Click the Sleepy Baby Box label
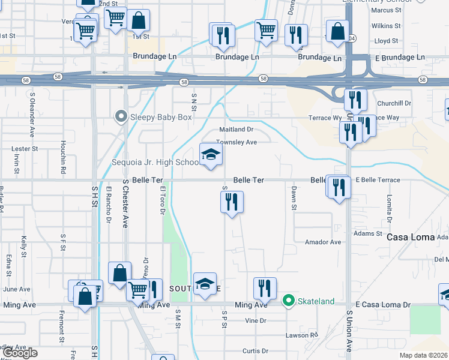click(x=161, y=117)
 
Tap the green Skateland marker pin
click(x=289, y=301)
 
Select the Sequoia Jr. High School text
click(x=156, y=163)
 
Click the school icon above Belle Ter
click(x=211, y=155)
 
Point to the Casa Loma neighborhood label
click(x=410, y=237)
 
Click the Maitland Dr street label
click(x=237, y=129)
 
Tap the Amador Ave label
click(x=322, y=242)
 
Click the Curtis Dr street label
click(x=255, y=351)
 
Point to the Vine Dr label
click(x=255, y=320)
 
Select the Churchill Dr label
click(x=395, y=103)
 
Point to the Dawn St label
click(x=294, y=197)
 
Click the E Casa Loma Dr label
click(x=382, y=305)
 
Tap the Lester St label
click(x=25, y=148)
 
